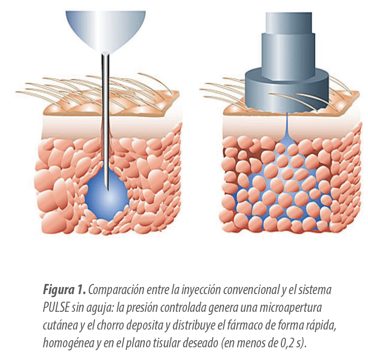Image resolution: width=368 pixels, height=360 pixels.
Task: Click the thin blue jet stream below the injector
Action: click(x=287, y=127)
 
